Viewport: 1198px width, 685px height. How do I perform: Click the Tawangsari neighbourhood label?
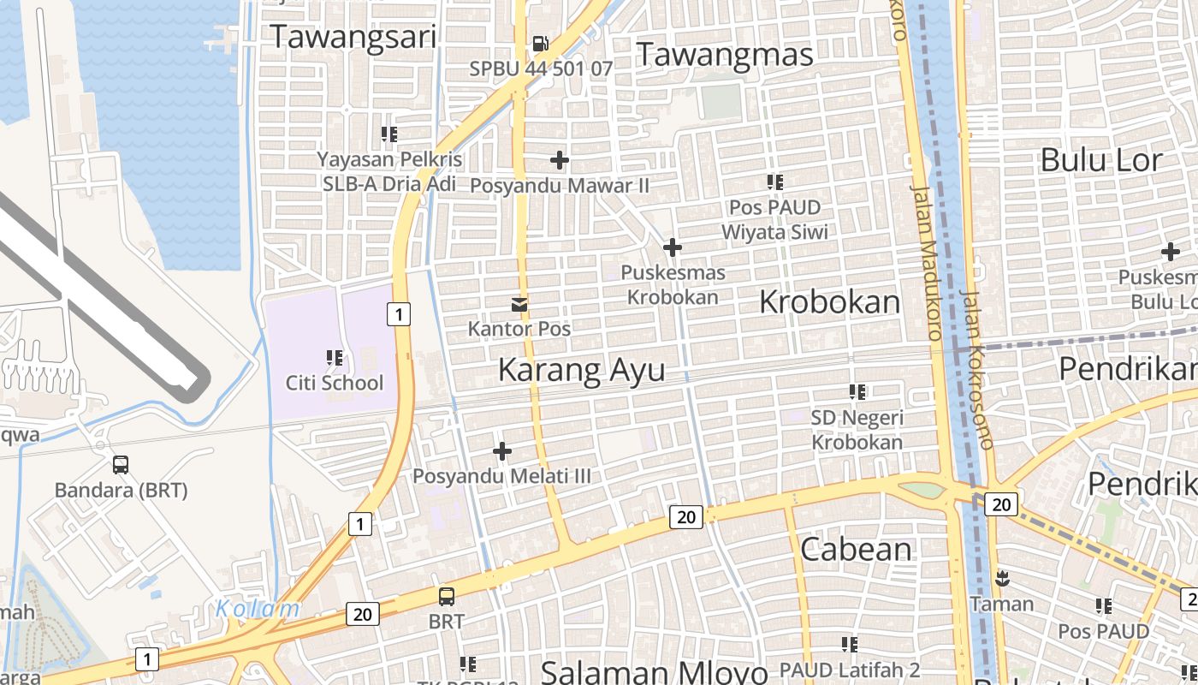[x=353, y=37]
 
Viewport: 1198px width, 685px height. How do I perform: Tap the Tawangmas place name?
[x=724, y=55]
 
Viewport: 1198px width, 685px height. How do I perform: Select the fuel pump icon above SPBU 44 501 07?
[x=541, y=43]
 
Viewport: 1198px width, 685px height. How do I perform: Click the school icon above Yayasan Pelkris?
[x=389, y=134]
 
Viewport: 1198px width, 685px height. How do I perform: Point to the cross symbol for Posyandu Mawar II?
[x=560, y=160]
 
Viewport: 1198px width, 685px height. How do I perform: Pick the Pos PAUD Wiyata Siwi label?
[x=774, y=219]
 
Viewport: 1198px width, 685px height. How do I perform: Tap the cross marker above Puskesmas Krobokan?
[x=673, y=247]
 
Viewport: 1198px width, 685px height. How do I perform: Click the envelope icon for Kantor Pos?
[x=519, y=304]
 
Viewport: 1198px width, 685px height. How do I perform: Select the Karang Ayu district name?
[x=581, y=370]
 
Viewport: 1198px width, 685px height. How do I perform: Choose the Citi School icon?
[x=335, y=358]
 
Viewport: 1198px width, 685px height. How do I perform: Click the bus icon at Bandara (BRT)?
[x=121, y=465]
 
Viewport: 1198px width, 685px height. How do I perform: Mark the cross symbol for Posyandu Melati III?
[x=502, y=451]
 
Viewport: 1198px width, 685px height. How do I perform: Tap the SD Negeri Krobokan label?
[x=857, y=430]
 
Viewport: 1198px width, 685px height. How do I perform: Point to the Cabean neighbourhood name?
[x=856, y=549]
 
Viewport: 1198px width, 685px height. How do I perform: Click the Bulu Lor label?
[x=1101, y=160]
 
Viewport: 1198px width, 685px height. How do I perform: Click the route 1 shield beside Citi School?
[x=398, y=314]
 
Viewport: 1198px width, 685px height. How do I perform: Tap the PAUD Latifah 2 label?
[x=850, y=669]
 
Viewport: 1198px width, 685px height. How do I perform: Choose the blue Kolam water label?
[x=258, y=609]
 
